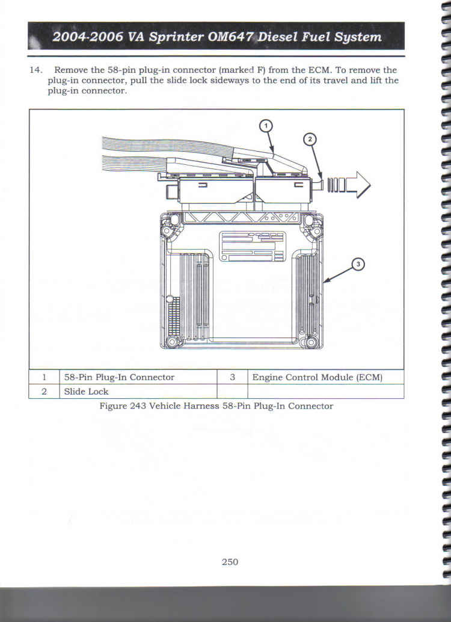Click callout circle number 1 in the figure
click(x=266, y=126)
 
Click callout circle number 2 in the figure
click(x=310, y=139)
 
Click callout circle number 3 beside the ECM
click(x=358, y=264)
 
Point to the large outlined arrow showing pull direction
click(x=349, y=185)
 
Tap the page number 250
click(x=230, y=562)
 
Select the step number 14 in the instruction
click(x=35, y=70)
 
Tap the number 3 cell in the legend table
click(x=233, y=377)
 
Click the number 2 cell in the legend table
click(x=44, y=392)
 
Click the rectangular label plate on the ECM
click(x=253, y=247)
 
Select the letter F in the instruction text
click(x=260, y=70)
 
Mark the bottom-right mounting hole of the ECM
click(x=311, y=342)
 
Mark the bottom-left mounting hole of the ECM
click(x=172, y=342)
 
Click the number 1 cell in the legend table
click(x=44, y=377)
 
